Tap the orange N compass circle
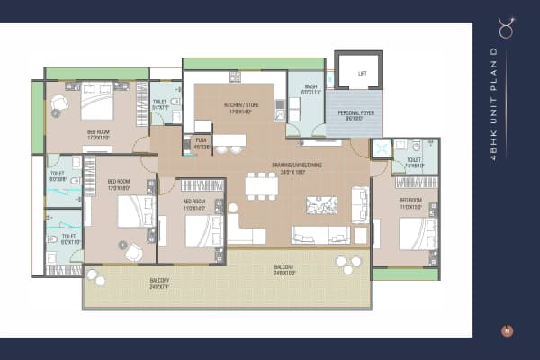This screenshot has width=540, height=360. [x=508, y=330]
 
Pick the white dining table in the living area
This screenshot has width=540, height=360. [x=261, y=185]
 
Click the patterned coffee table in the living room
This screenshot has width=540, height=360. [x=321, y=205]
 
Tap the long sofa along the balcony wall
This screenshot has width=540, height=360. [x=320, y=236]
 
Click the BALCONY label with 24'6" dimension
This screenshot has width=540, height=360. [x=283, y=269]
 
